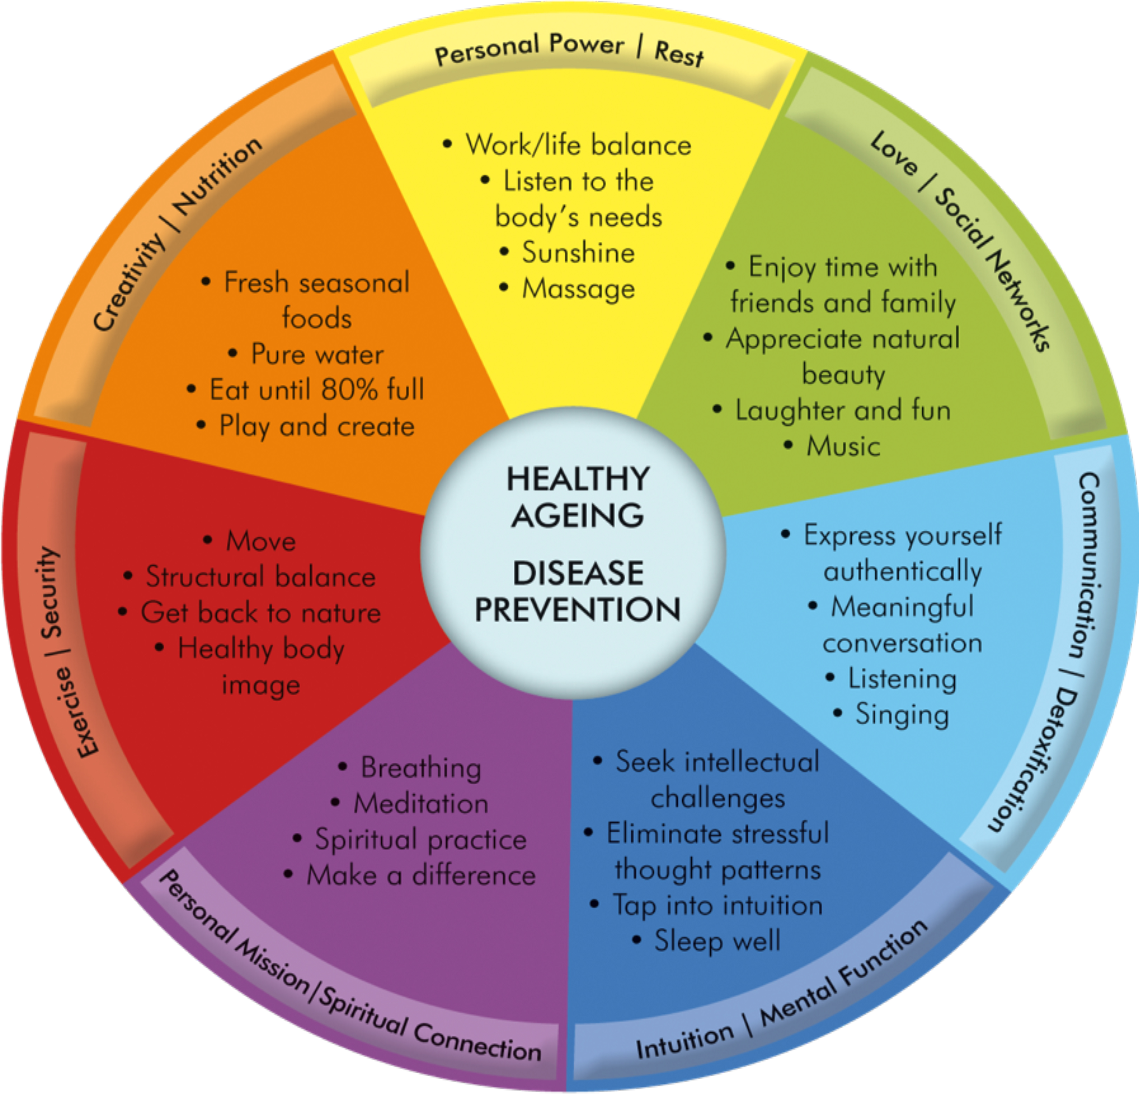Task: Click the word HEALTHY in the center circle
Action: [578, 479]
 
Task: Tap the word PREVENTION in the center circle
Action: [578, 610]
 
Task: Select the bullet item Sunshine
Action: [578, 253]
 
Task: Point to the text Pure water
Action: [317, 354]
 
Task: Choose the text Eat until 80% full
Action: [317, 390]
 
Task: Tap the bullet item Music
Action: [843, 446]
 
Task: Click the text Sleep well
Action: [717, 941]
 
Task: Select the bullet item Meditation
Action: [421, 804]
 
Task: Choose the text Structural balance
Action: [261, 577]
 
